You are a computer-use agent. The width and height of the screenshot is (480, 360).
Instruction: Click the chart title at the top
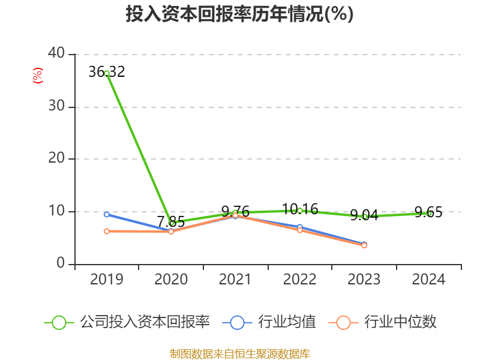(239, 14)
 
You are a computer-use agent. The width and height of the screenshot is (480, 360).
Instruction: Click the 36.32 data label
(106, 72)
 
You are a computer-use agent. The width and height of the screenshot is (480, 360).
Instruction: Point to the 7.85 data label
(171, 220)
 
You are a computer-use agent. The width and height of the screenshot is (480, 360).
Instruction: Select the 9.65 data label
(428, 211)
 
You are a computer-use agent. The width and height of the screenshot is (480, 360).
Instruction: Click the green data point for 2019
(107, 73)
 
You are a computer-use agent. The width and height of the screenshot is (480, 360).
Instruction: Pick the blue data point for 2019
(107, 214)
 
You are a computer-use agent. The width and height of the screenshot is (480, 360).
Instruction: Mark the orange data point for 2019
(107, 231)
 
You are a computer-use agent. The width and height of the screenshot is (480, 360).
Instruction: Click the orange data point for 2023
(364, 245)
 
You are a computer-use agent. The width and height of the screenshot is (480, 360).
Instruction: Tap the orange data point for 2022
(300, 230)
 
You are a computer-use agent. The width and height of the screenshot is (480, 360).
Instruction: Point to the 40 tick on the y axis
(58, 54)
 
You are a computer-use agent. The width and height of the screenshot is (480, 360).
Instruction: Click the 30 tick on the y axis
(58, 107)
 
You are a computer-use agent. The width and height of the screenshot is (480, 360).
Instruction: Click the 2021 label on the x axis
(235, 280)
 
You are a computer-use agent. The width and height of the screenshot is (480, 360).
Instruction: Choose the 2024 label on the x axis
(428, 280)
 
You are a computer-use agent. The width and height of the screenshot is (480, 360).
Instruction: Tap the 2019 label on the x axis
(107, 280)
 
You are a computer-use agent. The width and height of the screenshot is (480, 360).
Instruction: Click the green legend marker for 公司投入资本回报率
(59, 322)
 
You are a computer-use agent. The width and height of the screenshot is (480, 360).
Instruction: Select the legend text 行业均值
(287, 322)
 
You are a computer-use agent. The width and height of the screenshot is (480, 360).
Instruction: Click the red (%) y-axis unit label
(38, 76)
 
